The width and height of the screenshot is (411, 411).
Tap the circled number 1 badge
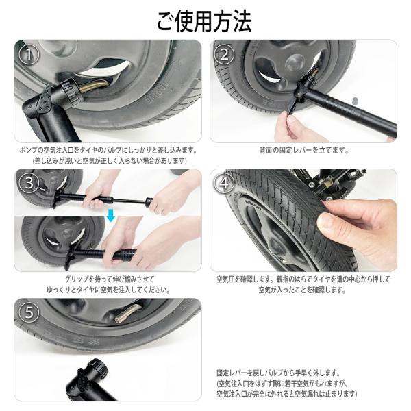[x=29, y=54]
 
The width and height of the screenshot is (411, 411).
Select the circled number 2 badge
[x=224, y=54]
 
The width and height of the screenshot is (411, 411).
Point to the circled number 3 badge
[x=29, y=182]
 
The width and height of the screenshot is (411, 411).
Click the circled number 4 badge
[x=224, y=182]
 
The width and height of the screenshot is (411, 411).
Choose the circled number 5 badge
[x=29, y=312]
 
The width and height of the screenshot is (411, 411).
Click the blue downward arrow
[x=111, y=215]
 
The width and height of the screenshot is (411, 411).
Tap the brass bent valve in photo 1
[x=95, y=86]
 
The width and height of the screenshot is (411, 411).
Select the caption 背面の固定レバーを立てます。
[x=304, y=151]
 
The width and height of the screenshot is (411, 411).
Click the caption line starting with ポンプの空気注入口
[x=109, y=151]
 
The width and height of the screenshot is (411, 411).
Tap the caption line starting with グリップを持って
[x=110, y=279]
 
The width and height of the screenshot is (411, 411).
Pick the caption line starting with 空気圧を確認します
[x=303, y=279]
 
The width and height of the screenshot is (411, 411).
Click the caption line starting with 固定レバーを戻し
[x=278, y=373]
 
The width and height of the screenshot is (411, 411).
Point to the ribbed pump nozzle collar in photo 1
[x=71, y=91]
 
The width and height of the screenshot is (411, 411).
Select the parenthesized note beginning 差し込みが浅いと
[x=110, y=161]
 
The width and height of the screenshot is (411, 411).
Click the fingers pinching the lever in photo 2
[x=291, y=123]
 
